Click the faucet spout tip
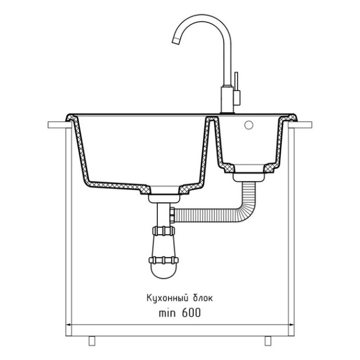[176, 40]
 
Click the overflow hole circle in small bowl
[249, 125]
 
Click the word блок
[203, 298]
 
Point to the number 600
[191, 313]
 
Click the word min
[167, 313]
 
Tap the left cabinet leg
[92, 341]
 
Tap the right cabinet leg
[268, 341]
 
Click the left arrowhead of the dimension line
[68, 324]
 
